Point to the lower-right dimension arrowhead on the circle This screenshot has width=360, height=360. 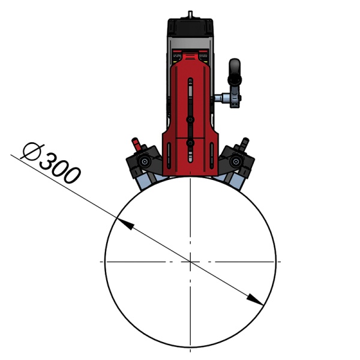coord(256,300)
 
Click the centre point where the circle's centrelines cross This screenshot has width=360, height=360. coord(190,262)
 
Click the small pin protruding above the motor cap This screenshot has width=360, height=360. coord(190,13)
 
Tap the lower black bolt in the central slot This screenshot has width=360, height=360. coord(190,143)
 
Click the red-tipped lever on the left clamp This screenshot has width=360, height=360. coord(136,143)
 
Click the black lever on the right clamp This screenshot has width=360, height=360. coord(244,145)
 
